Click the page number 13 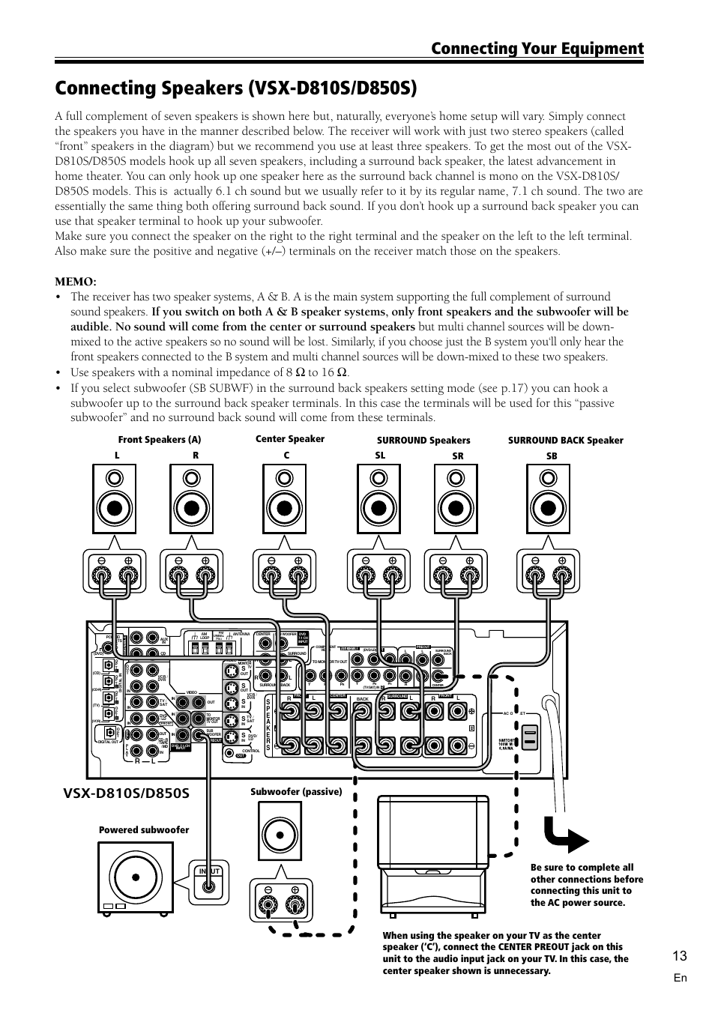tap(679, 955)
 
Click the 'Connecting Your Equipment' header tap(537, 49)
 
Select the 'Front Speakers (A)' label tap(160, 440)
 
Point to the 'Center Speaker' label tap(290, 439)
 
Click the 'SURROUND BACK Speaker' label tap(565, 441)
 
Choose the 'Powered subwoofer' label tap(144, 829)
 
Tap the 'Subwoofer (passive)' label tap(295, 791)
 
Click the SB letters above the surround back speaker tap(552, 456)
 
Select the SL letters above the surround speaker tap(380, 455)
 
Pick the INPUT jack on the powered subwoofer tap(209, 886)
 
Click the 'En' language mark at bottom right tap(680, 978)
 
